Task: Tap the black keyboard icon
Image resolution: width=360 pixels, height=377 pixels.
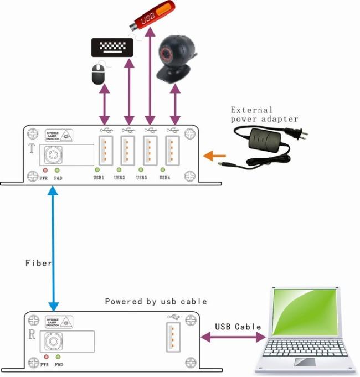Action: tap(112, 48)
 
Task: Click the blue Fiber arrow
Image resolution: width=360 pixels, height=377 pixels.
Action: tap(53, 249)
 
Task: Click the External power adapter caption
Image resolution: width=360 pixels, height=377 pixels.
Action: tap(264, 114)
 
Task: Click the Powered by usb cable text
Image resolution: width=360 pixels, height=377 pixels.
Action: tap(156, 302)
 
